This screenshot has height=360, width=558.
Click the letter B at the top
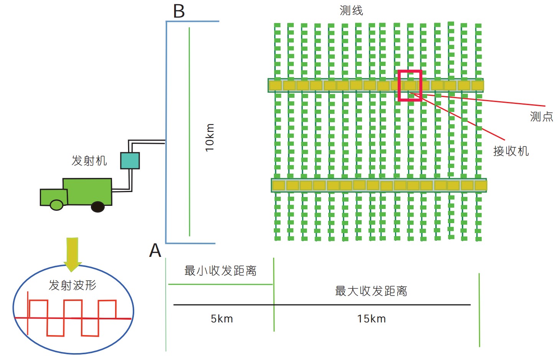click(179, 12)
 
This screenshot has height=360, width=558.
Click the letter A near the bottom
click(155, 251)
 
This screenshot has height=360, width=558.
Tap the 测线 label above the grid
click(351, 10)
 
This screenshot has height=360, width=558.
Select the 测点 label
click(541, 117)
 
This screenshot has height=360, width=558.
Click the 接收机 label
click(511, 151)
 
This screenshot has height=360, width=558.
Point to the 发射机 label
click(89, 160)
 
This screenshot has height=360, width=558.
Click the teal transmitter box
click(130, 161)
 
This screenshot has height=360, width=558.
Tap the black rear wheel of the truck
click(98, 207)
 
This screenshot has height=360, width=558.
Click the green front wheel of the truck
click(57, 205)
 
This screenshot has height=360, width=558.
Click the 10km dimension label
click(209, 137)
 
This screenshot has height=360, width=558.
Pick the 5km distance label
click(222, 319)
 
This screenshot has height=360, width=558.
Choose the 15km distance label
click(371, 319)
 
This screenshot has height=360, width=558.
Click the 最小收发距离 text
click(220, 271)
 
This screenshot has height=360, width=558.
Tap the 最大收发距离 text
click(371, 291)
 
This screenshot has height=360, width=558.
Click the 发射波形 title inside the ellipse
click(72, 285)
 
